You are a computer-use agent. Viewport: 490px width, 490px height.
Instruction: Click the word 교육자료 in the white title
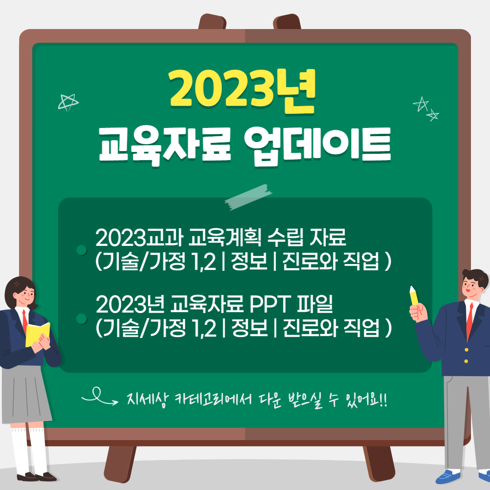[165, 145]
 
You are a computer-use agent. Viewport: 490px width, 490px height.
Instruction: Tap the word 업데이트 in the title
[318, 145]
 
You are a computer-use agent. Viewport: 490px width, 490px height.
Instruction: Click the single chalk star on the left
[68, 102]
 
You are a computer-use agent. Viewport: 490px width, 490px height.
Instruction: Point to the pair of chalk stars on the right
[426, 108]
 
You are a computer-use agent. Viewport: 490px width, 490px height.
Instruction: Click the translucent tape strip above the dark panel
[249, 197]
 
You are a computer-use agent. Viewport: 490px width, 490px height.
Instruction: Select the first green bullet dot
[82, 250]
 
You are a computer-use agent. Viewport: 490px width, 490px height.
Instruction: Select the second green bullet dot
[82, 319]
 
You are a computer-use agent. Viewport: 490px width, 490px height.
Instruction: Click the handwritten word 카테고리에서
[213, 399]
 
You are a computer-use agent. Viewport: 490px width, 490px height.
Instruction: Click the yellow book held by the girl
[38, 334]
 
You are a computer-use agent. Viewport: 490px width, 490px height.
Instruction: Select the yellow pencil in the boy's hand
[414, 295]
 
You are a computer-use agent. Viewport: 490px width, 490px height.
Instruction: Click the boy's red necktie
[470, 321]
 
